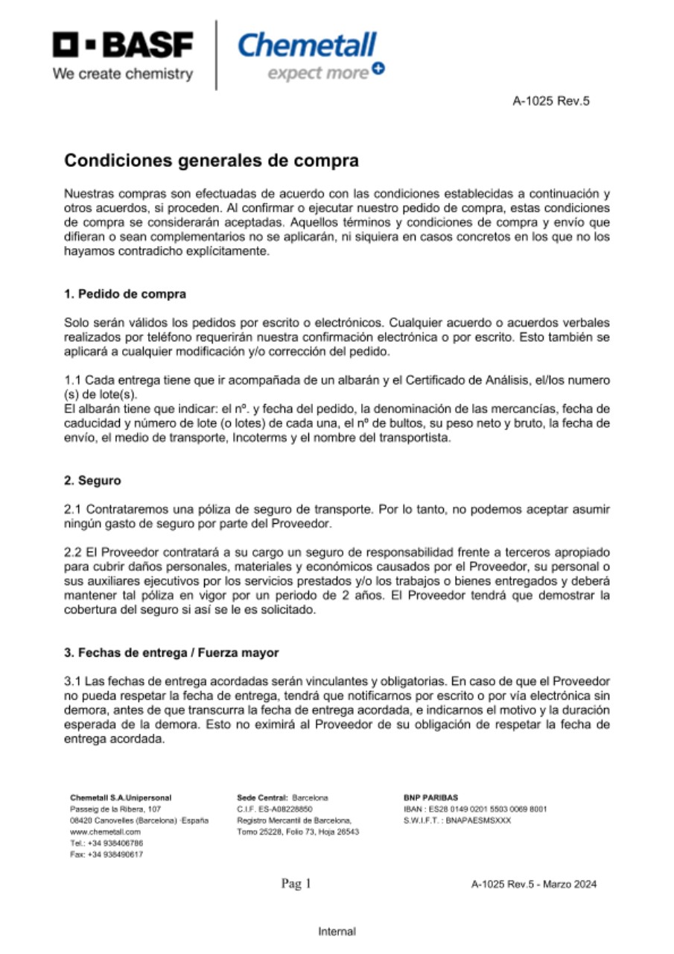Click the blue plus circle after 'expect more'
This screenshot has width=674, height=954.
[378, 69]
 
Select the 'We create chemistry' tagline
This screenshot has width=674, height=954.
[123, 74]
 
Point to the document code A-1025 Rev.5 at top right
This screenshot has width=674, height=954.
[551, 101]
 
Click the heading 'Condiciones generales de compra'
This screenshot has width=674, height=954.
[212, 160]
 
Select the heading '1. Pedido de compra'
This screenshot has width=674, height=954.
[125, 294]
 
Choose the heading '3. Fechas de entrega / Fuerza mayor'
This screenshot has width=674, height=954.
[171, 653]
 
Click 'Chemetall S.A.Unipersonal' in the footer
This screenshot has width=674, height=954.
[121, 797]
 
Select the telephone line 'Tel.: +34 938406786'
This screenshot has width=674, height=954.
[106, 843]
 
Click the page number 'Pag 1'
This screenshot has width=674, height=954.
[296, 884]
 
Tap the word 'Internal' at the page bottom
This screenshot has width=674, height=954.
[337, 932]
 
